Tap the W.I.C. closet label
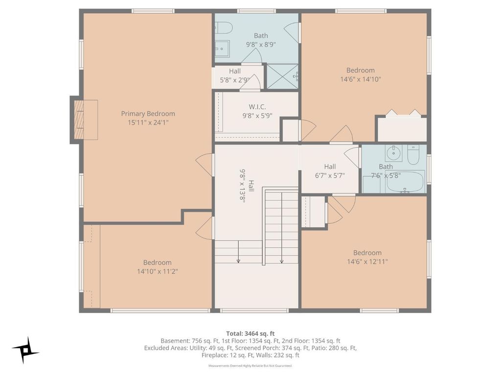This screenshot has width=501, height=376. (x=257, y=107)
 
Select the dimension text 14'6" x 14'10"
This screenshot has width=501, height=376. (x=361, y=79)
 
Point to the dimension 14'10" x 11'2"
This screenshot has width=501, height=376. (x=157, y=271)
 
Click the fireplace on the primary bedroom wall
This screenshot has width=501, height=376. (x=84, y=120)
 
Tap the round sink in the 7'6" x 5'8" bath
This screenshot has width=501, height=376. (x=393, y=153)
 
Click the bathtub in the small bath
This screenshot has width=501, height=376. (x=405, y=182)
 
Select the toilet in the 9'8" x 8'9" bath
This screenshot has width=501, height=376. (x=223, y=28)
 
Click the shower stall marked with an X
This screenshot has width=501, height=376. (x=282, y=76)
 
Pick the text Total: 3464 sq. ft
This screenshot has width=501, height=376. (x=250, y=334)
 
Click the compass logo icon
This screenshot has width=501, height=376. (x=25, y=351)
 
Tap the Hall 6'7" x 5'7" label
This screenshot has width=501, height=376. (x=330, y=171)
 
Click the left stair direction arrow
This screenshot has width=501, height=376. (x=238, y=251)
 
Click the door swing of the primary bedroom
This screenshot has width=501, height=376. (x=205, y=164)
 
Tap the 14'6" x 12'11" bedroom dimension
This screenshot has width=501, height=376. (x=367, y=261)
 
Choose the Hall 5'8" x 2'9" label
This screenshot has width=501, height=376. (x=235, y=75)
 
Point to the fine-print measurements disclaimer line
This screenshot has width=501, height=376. (x=250, y=365)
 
